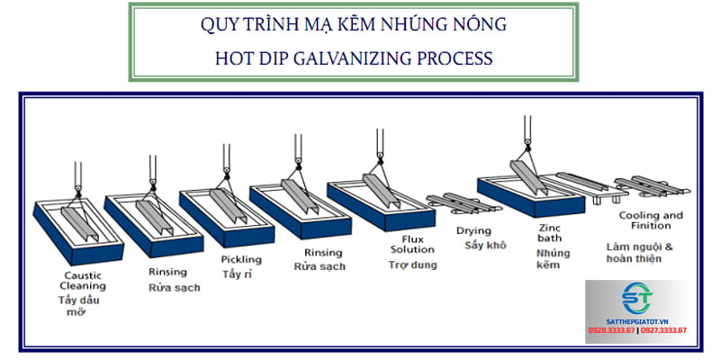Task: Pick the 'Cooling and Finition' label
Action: [651, 221]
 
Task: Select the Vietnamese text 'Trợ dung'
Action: [411, 265]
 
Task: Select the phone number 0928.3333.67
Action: [612, 330]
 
